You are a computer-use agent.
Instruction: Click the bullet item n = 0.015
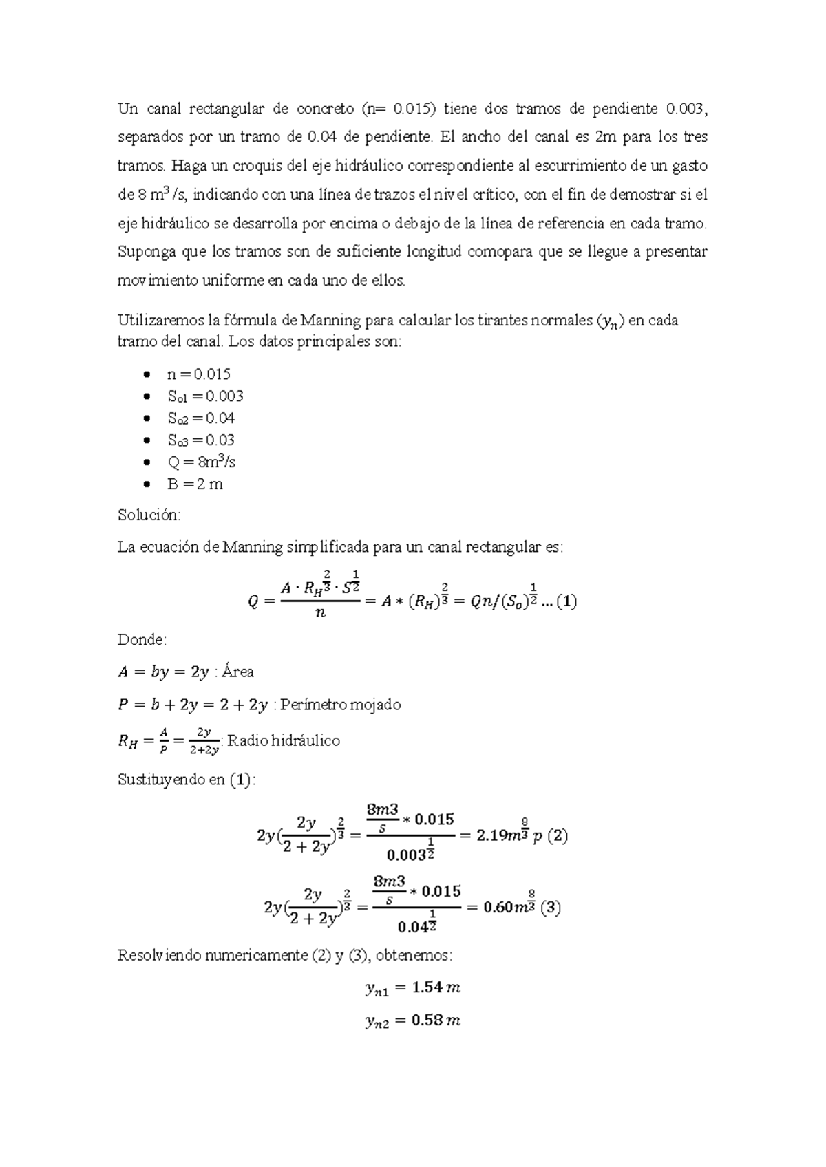pos(198,374)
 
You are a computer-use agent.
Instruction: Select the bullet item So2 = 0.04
pos(201,418)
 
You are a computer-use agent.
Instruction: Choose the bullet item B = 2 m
pos(195,484)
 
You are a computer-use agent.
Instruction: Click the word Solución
pos(149,515)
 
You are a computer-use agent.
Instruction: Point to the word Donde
pos(142,640)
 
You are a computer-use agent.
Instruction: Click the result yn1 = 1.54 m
pos(412,988)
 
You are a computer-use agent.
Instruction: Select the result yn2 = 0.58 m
pos(412,1020)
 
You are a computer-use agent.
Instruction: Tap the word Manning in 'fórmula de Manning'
pos(332,321)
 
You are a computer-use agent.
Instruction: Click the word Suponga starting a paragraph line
pos(147,252)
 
